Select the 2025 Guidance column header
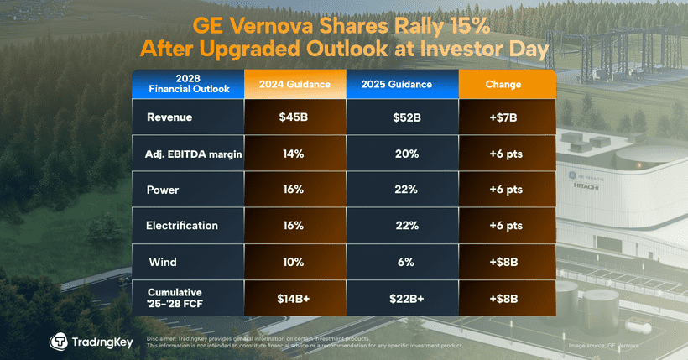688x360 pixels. coord(396,85)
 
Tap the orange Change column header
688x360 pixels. coord(503,85)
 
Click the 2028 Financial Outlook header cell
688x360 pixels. coord(188,85)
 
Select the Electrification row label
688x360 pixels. coord(182,226)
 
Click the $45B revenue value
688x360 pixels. coord(293,117)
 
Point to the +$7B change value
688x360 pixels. coord(503,117)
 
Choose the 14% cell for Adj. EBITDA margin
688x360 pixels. coord(293,154)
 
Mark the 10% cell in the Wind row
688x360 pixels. coord(293,262)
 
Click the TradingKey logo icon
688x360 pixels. coord(60,342)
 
